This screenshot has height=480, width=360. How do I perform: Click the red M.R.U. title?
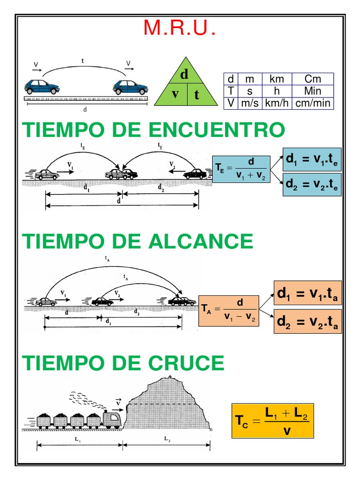pyautogui.click(x=180, y=29)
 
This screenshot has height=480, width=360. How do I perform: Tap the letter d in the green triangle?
pyautogui.click(x=184, y=75)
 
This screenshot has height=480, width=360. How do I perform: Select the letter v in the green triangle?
pyautogui.click(x=175, y=94)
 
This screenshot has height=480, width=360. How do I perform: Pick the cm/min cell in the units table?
pyautogui.click(x=312, y=103)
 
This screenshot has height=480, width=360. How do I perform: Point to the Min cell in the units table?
pyautogui.click(x=312, y=91)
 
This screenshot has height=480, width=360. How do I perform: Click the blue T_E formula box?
pyautogui.click(x=241, y=169)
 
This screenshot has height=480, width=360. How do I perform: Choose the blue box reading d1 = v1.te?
pyautogui.click(x=312, y=160)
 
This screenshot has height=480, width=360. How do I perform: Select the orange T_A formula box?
pyautogui.click(x=229, y=310)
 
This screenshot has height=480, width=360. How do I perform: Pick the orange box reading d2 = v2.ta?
pyautogui.click(x=307, y=321)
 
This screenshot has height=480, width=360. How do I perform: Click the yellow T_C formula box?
pyautogui.click(x=273, y=421)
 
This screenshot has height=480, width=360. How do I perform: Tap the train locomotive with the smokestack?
pyautogui.click(x=112, y=417)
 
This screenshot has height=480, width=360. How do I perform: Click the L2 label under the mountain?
pyautogui.click(x=167, y=439)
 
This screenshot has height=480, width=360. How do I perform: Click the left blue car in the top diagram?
pyautogui.click(x=42, y=87)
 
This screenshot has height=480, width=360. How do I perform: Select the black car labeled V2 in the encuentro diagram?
pyautogui.click(x=195, y=174)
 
